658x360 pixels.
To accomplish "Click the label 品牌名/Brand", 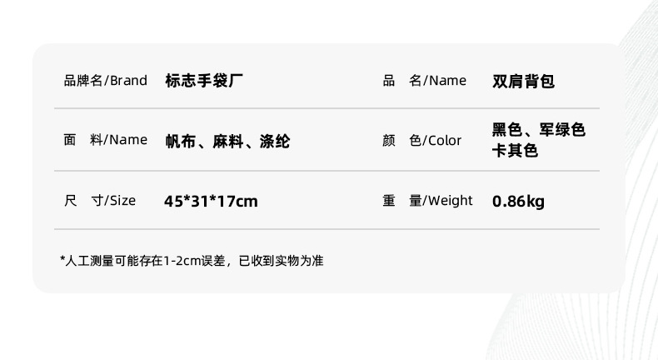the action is click(x=105, y=81).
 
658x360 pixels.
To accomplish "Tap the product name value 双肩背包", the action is click(x=523, y=81).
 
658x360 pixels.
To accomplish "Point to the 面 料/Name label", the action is click(x=105, y=140).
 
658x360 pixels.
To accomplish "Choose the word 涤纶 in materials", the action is click(x=275, y=141).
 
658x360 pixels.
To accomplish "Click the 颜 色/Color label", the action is click(x=421, y=140).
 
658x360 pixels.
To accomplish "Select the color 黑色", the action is click(x=506, y=130).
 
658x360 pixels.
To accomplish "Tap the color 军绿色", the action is click(x=562, y=130).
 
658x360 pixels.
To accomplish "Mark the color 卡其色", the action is click(x=516, y=151).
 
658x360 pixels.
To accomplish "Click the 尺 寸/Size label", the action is click(x=99, y=201).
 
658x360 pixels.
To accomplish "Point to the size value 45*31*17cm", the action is click(x=211, y=201).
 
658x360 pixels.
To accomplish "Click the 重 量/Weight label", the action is click(x=427, y=201).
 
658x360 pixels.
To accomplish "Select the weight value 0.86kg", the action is click(x=518, y=201).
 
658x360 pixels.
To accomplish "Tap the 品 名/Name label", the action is click(x=424, y=81).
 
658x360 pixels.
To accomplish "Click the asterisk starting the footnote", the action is click(x=62, y=260).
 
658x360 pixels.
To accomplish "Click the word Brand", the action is click(x=128, y=81).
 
